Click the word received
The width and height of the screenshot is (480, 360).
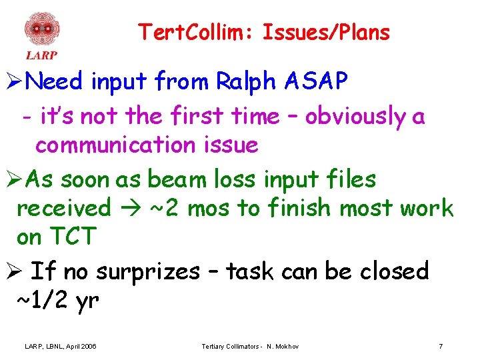(63, 209)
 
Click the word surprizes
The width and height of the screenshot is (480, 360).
(147, 272)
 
